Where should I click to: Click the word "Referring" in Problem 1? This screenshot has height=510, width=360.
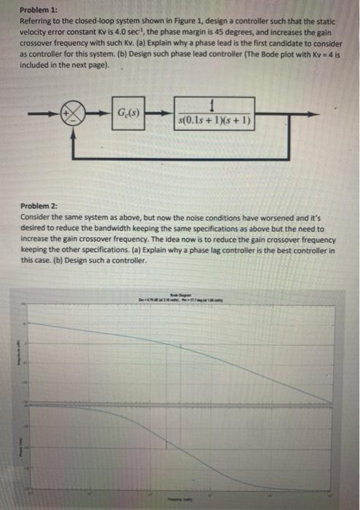[x=39, y=23]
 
